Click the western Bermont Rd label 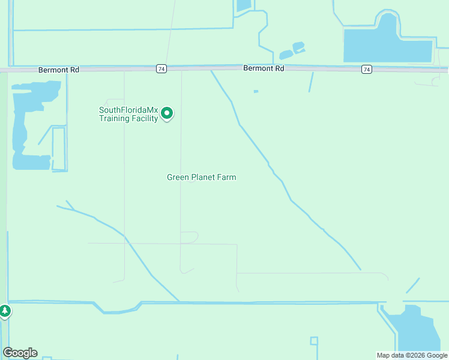58,70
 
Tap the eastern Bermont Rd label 264,68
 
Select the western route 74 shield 161,69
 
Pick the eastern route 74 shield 366,70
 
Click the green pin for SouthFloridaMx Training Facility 168,113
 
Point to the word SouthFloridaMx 128,110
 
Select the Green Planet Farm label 201,177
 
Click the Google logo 20,353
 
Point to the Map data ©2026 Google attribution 411,355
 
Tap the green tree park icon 5,311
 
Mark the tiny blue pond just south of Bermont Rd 256,91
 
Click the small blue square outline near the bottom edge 314,341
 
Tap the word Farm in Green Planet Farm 227,177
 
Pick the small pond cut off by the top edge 244,5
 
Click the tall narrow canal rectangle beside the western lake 59,149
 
